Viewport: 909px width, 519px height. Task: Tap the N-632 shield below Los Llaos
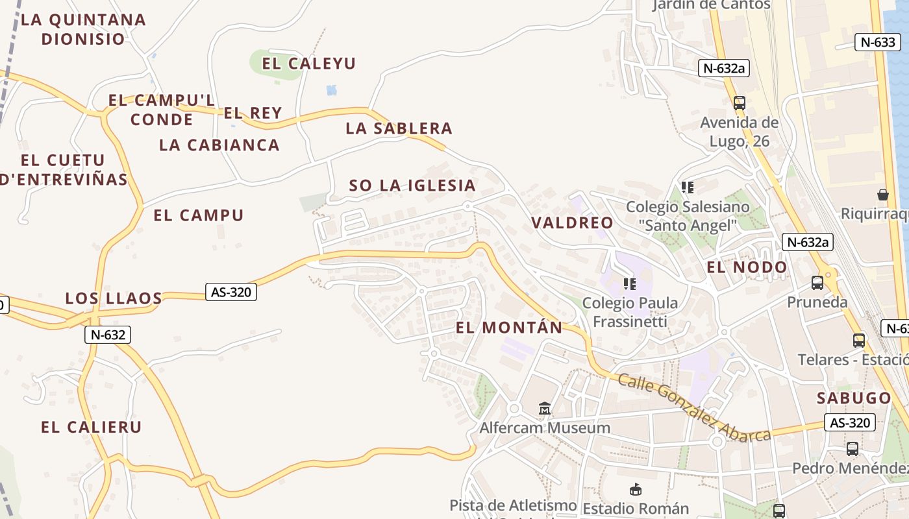point(108,335)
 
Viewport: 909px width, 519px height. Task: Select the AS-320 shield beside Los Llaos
point(231,292)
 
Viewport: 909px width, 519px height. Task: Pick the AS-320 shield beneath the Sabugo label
point(850,423)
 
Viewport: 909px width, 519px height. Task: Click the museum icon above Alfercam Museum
point(545,409)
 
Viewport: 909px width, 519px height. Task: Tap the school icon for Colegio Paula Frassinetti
point(629,284)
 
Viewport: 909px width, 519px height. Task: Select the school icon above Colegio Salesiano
point(688,187)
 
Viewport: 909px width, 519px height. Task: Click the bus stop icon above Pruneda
point(817,283)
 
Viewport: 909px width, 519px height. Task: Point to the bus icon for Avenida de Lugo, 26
point(740,103)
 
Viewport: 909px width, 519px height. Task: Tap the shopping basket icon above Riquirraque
point(883,194)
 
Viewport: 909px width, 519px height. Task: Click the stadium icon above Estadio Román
point(636,489)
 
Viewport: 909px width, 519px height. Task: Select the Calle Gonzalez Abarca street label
point(693,407)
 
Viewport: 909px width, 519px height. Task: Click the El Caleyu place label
point(309,64)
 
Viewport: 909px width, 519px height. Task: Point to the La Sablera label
point(399,128)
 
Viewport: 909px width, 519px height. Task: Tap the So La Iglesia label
point(412,186)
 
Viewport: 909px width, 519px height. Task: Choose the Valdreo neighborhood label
point(572,223)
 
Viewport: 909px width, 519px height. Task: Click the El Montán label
point(509,328)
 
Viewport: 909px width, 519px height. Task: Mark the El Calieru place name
point(91,428)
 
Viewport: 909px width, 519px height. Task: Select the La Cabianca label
point(219,145)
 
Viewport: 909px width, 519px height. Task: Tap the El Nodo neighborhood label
point(747,267)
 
